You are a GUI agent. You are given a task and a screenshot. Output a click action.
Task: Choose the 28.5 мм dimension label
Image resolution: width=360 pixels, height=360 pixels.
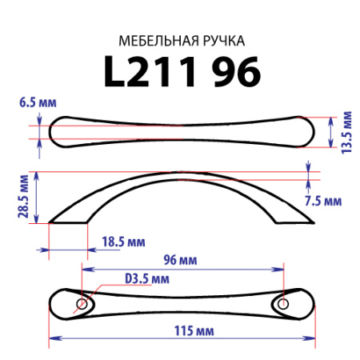click(x=24, y=198)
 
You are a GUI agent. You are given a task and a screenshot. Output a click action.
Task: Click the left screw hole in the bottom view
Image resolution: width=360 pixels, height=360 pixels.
click(x=82, y=304)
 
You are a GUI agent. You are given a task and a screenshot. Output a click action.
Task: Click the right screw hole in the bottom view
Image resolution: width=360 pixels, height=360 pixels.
click(x=282, y=304)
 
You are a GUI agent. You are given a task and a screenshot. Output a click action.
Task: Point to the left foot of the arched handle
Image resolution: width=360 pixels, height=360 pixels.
click(x=68, y=218)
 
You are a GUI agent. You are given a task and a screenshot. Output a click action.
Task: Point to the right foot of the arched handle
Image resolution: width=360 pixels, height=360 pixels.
click(x=293, y=218)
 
